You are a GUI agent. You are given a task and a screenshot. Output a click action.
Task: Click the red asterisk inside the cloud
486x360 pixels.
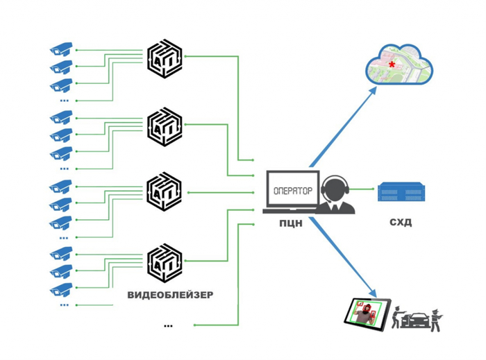point(394,65)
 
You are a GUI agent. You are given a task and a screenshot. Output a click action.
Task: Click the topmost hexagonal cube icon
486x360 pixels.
point(165,58)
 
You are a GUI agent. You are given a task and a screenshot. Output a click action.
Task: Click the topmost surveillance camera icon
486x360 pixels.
point(61,49)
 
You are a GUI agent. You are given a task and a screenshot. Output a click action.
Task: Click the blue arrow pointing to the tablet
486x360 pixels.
point(344,256)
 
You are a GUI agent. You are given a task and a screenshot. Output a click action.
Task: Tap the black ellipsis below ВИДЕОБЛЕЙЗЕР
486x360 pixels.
point(168,324)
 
